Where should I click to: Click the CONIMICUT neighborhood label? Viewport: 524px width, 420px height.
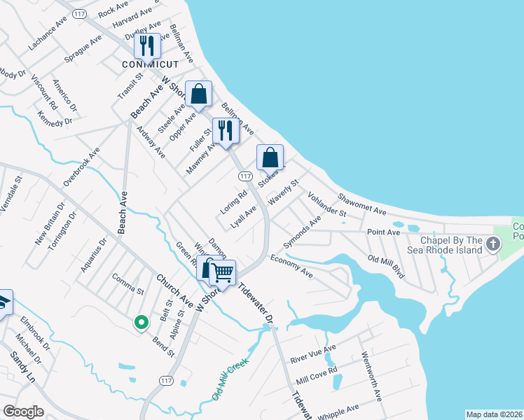[x=149, y=64]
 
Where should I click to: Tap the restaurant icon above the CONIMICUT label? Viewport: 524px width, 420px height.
[x=148, y=45]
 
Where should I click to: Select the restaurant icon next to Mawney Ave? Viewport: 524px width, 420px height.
[x=225, y=131]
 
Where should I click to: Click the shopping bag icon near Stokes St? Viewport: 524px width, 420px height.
[x=270, y=157]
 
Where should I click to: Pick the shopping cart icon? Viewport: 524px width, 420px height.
[x=223, y=271]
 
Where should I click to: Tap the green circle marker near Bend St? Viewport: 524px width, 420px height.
[x=141, y=322]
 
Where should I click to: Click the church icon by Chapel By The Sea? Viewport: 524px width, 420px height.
[x=493, y=245]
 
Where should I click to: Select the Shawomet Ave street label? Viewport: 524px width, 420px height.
[x=361, y=201]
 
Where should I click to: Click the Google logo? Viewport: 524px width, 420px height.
[x=23, y=412]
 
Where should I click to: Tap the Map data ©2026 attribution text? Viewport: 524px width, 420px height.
[x=493, y=414]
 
